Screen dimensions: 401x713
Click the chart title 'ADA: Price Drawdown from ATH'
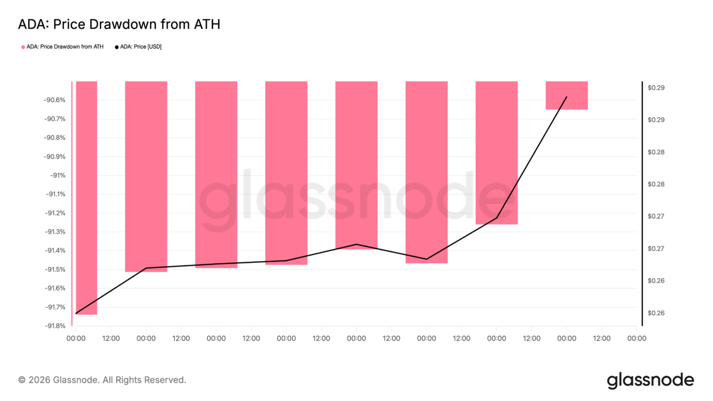coord(119,24)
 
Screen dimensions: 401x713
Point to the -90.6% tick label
coord(54,100)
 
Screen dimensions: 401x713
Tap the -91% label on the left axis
coord(58,175)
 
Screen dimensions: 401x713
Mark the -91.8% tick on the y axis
coord(54,326)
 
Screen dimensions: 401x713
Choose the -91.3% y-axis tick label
coord(54,231)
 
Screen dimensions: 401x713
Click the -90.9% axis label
coord(54,156)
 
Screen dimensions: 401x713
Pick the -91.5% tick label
coord(54,269)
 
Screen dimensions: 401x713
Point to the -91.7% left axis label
coord(54,307)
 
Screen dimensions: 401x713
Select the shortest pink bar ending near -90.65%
coord(566,96)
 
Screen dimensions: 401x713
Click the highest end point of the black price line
coord(567,97)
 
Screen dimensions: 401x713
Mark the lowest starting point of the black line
coord(76,313)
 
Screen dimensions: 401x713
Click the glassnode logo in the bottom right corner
coord(650,381)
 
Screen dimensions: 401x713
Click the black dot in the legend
coord(117,48)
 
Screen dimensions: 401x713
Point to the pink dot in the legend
coord(23,48)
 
